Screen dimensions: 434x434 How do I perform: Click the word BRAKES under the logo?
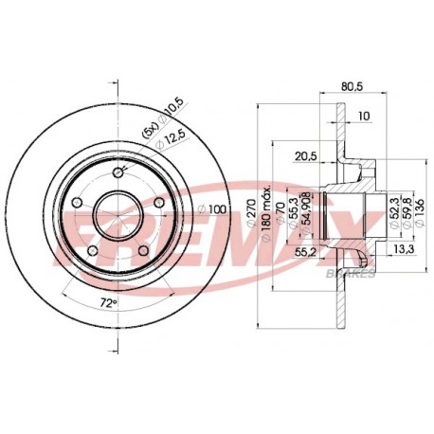click(355, 274)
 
